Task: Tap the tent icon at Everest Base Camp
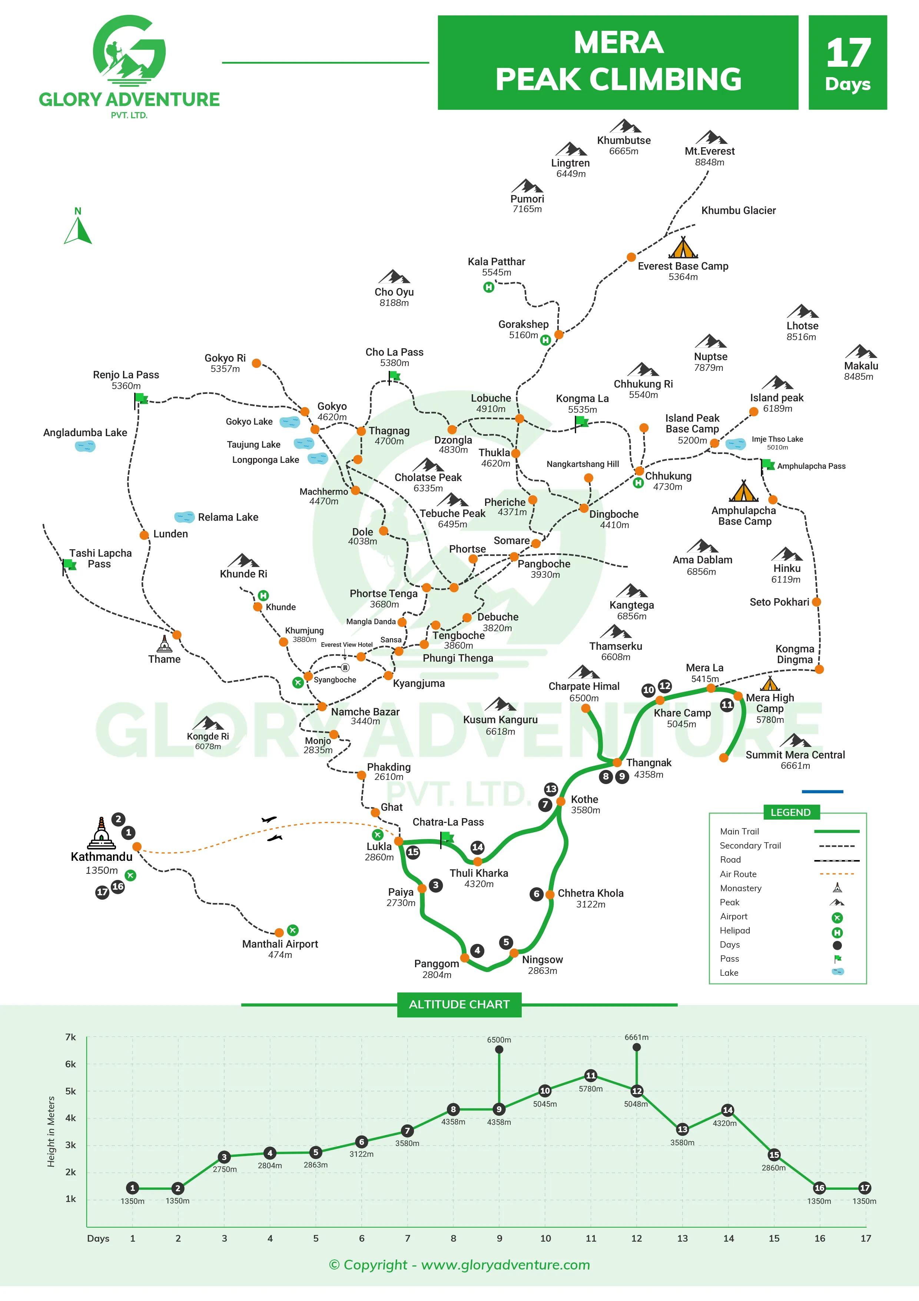683,248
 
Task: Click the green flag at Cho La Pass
394,376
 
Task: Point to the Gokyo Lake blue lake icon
290,422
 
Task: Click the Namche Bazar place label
365,712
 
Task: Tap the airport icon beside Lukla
377,835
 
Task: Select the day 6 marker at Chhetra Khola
536,894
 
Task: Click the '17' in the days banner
847,53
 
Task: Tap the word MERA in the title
618,43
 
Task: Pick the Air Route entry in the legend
738,874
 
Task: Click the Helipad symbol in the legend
837,933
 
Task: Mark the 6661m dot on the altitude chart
637,1047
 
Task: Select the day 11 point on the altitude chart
591,1076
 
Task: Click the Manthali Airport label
280,944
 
